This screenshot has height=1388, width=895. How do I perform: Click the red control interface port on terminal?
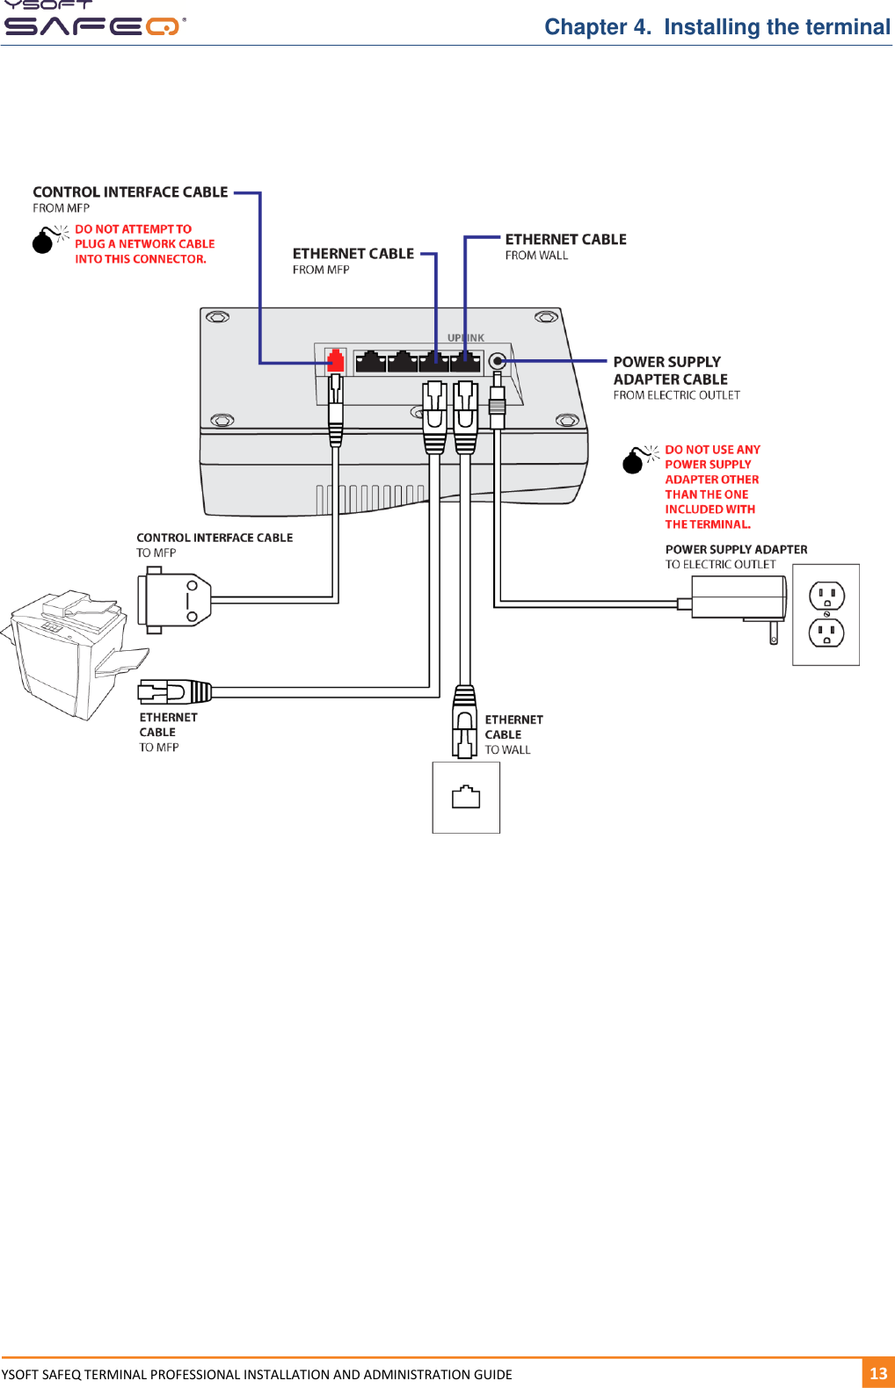[335, 360]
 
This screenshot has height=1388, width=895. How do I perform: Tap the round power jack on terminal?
[497, 361]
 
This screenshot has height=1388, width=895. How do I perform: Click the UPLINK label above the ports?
[465, 337]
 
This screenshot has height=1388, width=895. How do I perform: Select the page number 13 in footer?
[877, 1373]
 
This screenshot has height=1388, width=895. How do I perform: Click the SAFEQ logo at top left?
[92, 25]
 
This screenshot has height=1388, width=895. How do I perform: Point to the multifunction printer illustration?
[70, 654]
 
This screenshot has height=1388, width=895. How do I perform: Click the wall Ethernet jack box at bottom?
[466, 798]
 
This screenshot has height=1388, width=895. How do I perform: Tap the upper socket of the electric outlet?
[826, 596]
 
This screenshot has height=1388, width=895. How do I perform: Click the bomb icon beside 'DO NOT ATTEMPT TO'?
[43, 242]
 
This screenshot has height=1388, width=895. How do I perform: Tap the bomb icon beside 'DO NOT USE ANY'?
[633, 461]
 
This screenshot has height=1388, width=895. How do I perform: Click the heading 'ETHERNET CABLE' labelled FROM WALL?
[565, 239]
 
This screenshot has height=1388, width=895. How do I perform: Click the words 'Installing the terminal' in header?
[776, 27]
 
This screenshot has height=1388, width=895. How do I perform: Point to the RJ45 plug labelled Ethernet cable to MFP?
[176, 692]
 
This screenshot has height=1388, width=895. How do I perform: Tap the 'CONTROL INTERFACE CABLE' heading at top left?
[130, 192]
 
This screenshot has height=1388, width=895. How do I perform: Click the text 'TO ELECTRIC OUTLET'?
[720, 565]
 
